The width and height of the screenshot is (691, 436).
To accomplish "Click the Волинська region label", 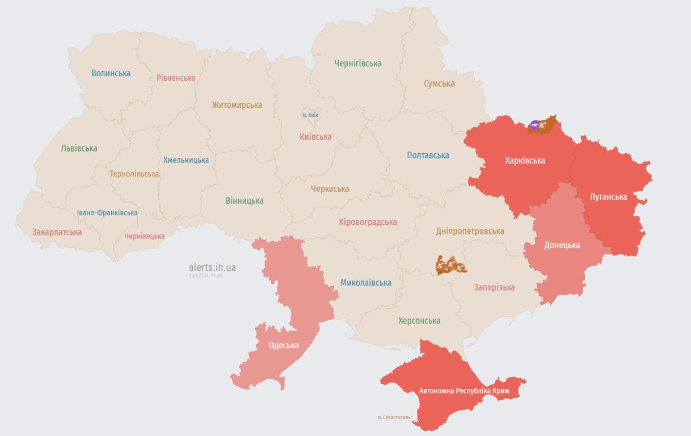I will coord(111,73).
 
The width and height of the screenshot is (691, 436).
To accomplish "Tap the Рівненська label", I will coord(176,78).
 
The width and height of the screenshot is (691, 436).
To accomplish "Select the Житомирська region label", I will coord(237,105).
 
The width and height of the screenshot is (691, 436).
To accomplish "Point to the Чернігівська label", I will coord(357,64).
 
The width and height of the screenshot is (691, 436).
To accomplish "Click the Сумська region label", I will coord(439,83).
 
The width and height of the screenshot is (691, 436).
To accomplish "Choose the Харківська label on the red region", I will coord(525,161).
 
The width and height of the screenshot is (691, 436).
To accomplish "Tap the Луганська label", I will coord(608,196).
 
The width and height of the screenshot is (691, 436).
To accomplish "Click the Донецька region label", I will coord(562,245).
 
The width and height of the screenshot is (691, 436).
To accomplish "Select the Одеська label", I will coord(283,345).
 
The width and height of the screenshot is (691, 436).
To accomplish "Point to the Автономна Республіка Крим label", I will coord(464,391).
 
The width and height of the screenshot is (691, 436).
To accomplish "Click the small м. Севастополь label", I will coord(394,417).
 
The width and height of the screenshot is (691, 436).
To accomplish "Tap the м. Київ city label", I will coord(310,115).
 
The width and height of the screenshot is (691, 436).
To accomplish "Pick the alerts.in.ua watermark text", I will coord(212,267).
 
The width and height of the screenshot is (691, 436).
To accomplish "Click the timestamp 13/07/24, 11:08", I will coord(205,276).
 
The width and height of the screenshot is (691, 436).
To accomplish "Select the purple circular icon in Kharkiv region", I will coord(534,124).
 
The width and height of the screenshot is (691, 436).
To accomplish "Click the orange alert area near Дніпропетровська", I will coord(450,265).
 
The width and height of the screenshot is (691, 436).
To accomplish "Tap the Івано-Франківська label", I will coord(107,213).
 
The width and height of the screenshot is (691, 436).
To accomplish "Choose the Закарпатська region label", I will coord(57,232).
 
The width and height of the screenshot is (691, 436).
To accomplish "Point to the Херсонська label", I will coord(419,321).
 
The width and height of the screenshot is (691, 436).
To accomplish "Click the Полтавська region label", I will coord(428,156).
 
